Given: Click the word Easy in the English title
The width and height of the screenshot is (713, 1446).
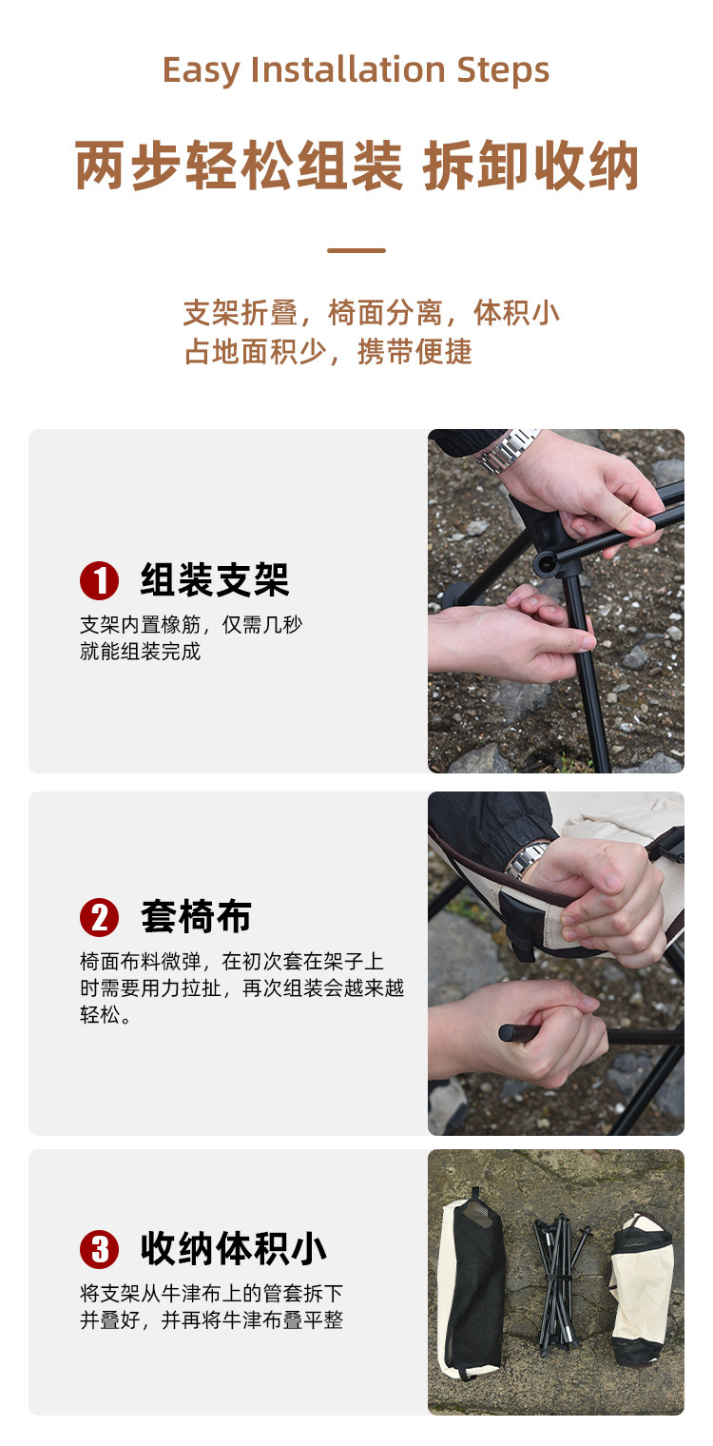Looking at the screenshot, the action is coord(200,70).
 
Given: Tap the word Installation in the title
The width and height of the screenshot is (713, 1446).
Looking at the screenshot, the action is coord(347,69).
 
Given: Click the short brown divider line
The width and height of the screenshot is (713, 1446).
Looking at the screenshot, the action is coord(356,250).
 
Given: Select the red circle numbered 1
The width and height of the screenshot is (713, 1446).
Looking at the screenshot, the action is coord(100,580).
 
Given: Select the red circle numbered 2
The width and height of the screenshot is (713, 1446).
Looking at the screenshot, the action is coord(100,917).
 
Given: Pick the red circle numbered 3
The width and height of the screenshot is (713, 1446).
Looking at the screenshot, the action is coord(100,1249).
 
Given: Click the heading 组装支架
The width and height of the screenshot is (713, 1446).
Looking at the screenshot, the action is coord(214,579).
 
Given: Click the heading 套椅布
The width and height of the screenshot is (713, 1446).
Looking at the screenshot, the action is coord(196,917).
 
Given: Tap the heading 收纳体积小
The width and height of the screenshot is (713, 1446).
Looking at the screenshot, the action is coord(234,1248).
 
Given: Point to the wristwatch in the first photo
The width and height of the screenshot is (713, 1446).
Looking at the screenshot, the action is coord(507,450).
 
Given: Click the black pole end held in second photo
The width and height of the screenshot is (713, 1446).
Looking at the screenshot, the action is coord(510,1033).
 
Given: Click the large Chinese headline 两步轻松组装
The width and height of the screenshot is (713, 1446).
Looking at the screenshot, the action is coord(240,166).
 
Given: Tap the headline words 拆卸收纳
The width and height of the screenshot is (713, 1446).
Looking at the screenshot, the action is coord(531,166).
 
